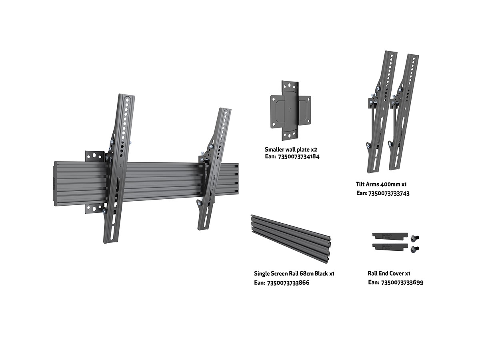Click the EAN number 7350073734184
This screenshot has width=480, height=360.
pos(298,157)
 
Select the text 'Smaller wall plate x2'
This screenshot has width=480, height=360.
pos(291,150)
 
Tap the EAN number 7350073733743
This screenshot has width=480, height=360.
pos(389,194)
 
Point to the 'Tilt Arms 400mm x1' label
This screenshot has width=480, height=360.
pos(381,184)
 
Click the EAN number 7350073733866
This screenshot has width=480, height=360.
pos(288,283)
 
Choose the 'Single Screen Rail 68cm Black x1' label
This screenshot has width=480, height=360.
pos(294,274)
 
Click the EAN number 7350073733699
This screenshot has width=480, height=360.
pos(402,283)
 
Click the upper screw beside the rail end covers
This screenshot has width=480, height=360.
pos(414,238)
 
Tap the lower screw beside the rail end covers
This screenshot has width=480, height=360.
pos(414,249)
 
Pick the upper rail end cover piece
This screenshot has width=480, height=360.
pos(390,236)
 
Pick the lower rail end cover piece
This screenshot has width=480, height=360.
pos(390,246)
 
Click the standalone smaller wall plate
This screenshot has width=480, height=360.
pos(290,111)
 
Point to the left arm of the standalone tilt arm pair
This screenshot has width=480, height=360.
pos(382,112)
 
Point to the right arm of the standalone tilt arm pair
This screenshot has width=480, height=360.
pos(404,112)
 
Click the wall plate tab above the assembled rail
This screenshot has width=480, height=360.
pos(94,156)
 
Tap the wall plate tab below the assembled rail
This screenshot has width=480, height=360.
pos(94,208)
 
